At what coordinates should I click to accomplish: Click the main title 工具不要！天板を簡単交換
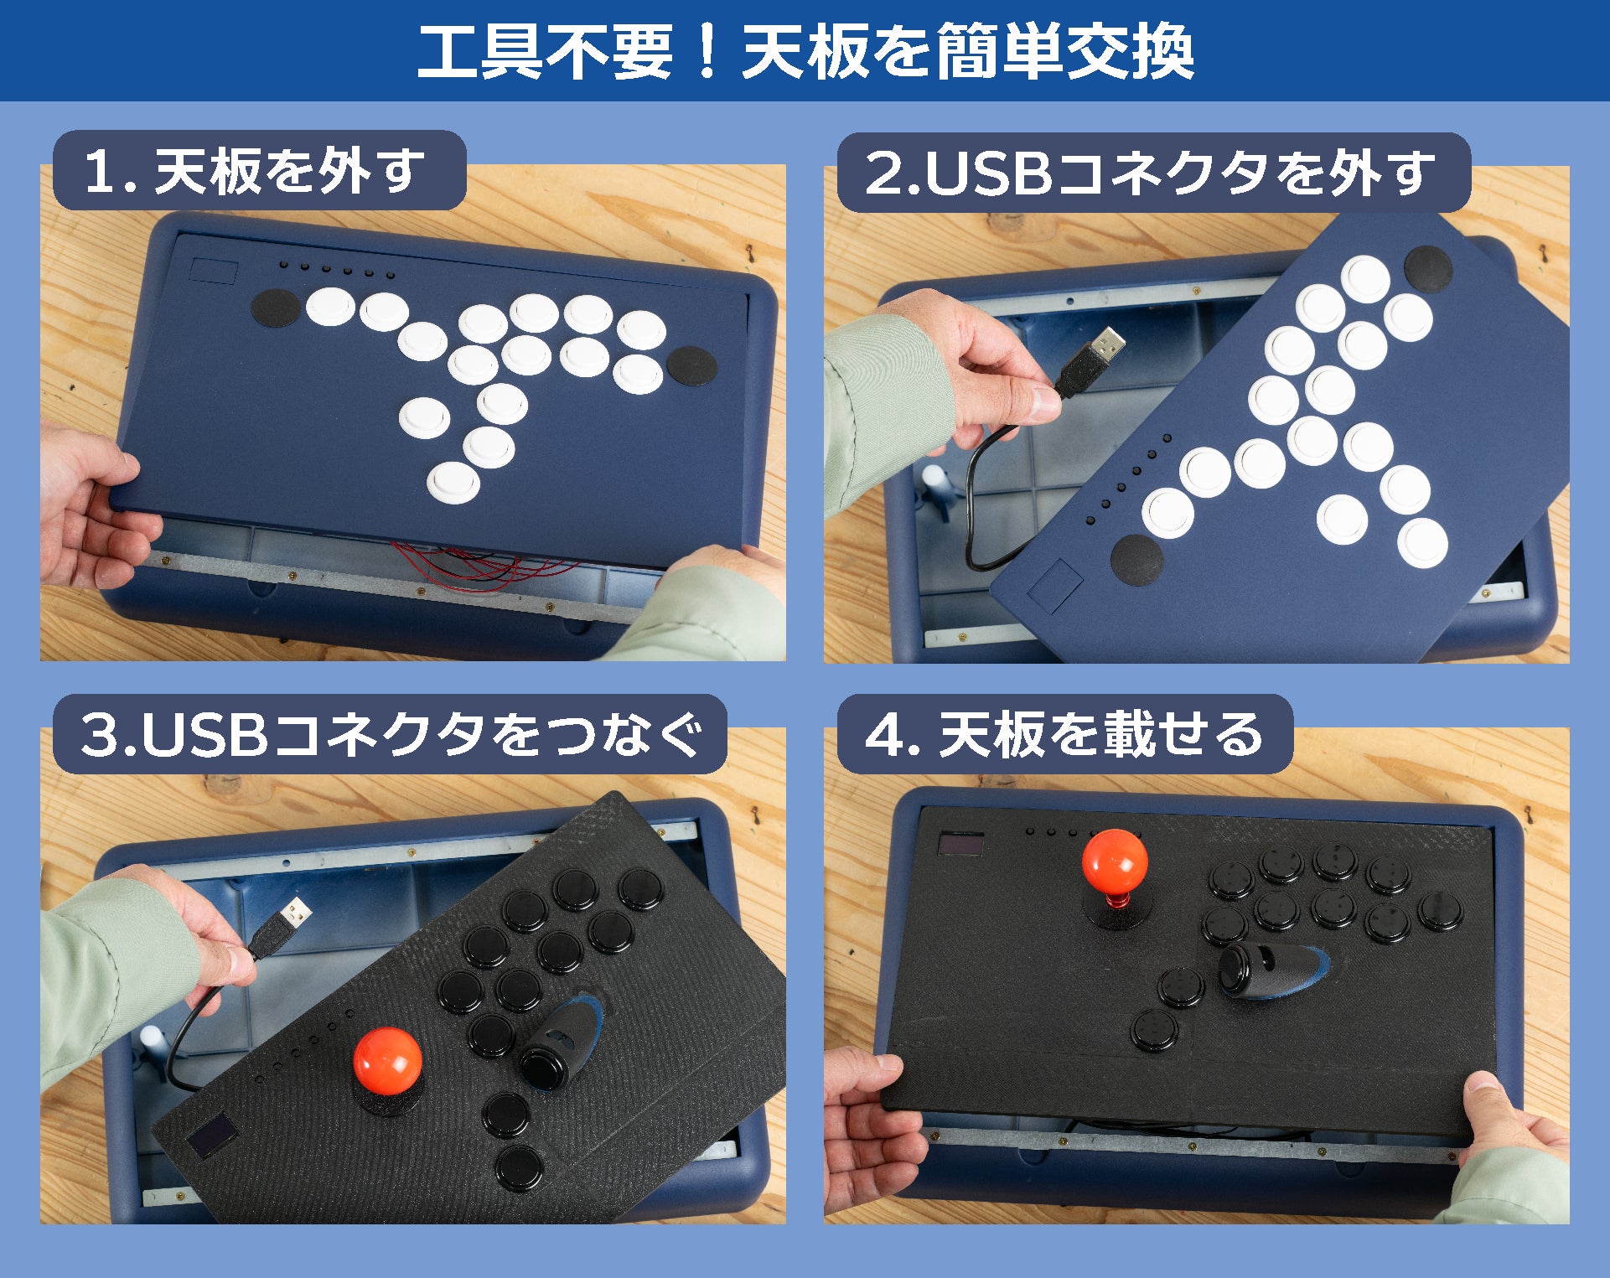tap(805, 51)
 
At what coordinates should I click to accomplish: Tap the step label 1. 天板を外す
tap(255, 171)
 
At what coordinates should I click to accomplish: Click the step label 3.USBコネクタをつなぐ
tap(391, 734)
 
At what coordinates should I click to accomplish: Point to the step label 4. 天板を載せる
tap(1064, 734)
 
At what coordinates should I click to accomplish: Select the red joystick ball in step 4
tap(1115, 863)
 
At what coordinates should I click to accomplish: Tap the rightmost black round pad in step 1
tap(691, 365)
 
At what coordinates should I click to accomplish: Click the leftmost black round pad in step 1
tap(276, 308)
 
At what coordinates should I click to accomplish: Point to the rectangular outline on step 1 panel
tap(213, 271)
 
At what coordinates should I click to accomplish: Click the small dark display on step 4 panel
tap(960, 844)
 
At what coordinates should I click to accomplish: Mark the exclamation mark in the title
tap(707, 52)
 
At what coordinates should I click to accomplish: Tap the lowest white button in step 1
tap(453, 483)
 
